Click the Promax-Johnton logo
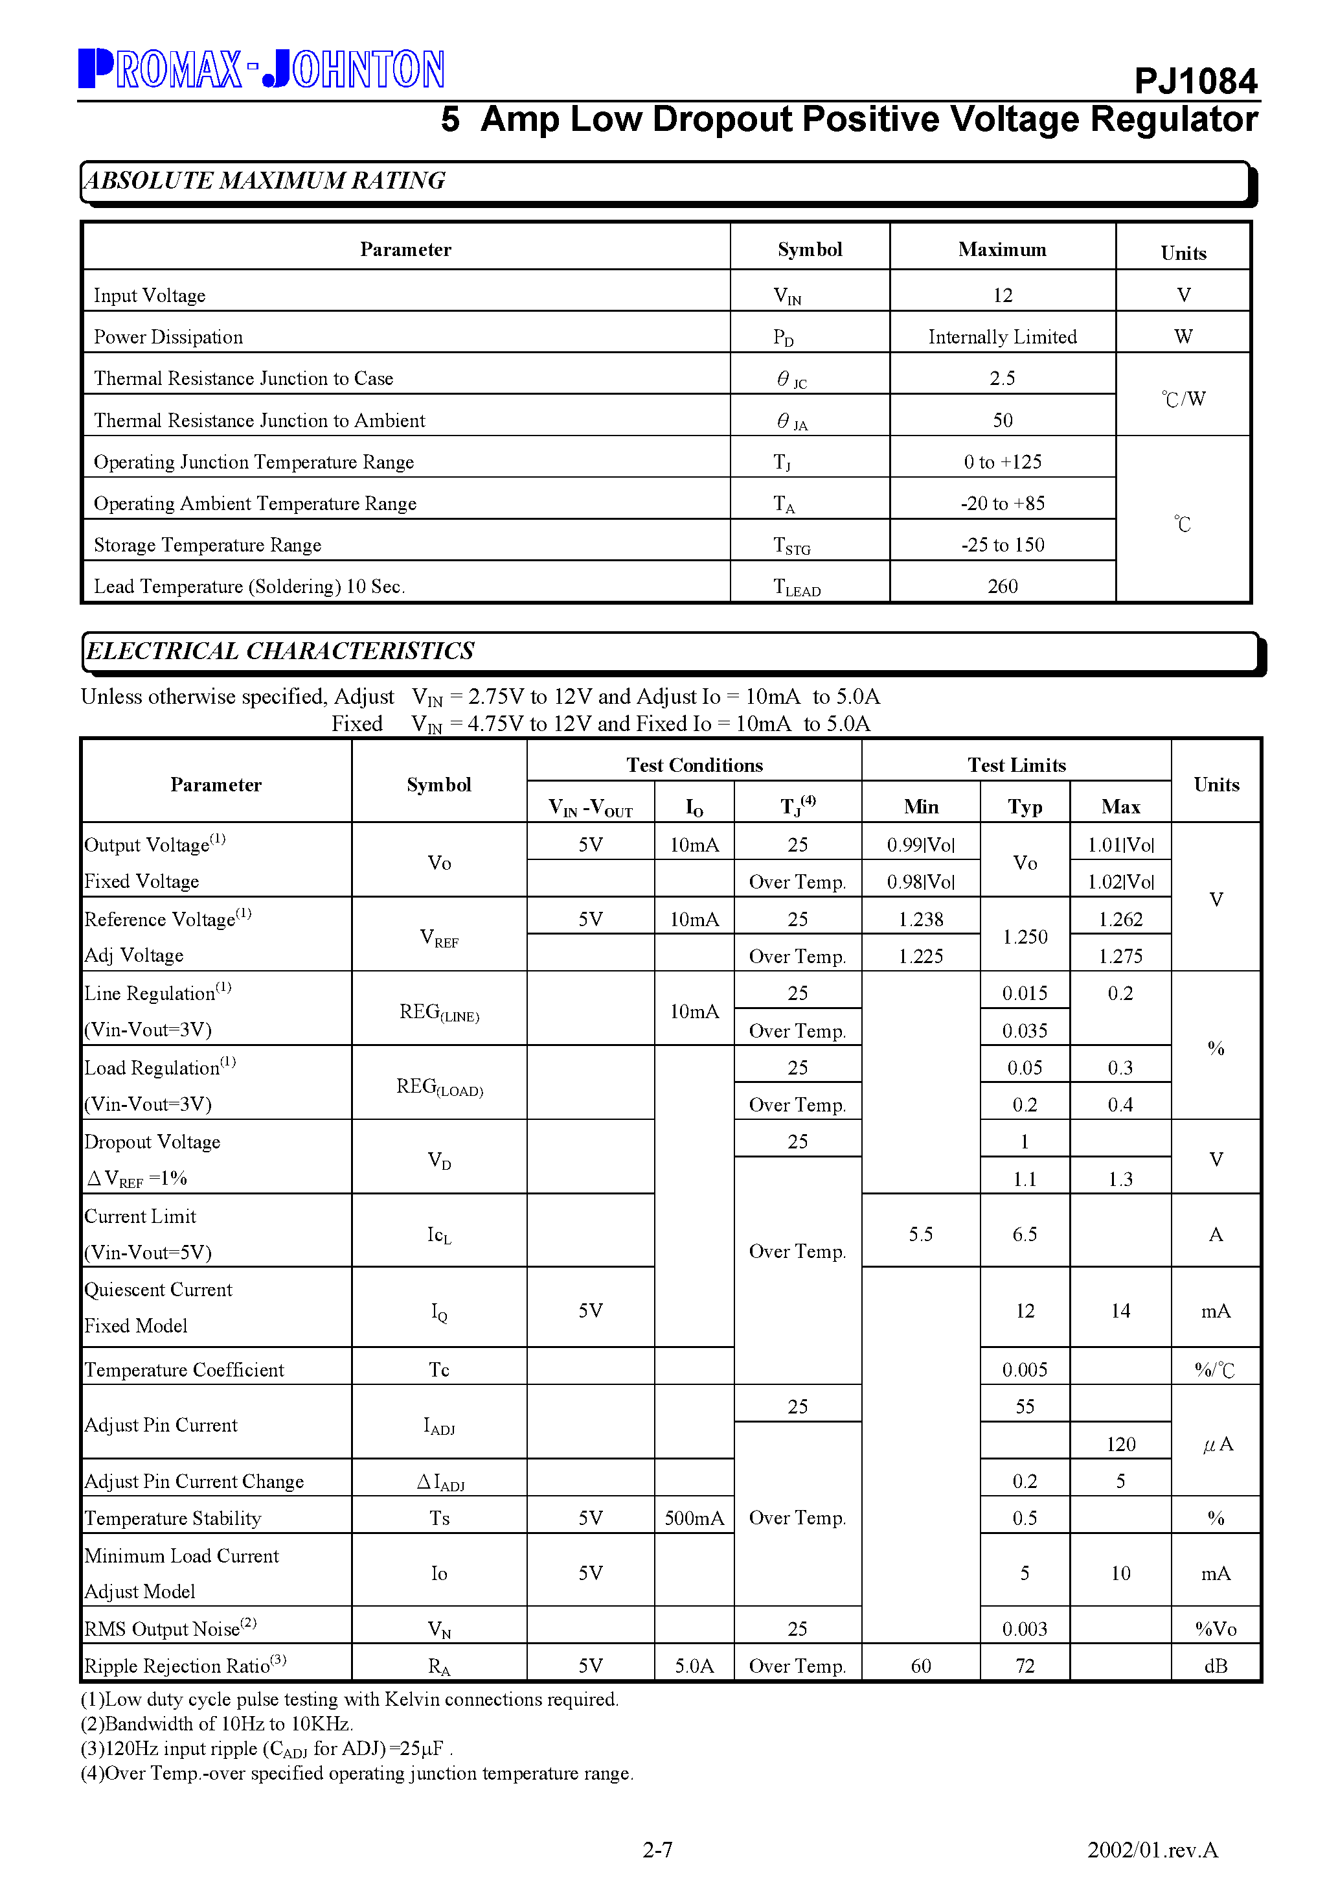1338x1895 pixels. tap(262, 69)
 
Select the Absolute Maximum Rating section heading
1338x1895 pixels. tap(266, 180)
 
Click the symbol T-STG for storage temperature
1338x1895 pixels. tap(792, 546)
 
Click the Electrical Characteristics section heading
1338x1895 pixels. tap(280, 651)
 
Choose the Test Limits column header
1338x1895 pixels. tap(1015, 765)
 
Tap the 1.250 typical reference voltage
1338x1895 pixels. tap(1024, 936)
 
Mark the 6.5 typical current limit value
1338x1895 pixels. tap(1024, 1235)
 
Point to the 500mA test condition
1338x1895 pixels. tap(694, 1518)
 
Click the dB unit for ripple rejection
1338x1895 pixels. tap(1215, 1666)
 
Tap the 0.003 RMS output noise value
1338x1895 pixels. tap(1024, 1629)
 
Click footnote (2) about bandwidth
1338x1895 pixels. tap(217, 1724)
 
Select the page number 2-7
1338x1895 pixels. tap(657, 1850)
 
